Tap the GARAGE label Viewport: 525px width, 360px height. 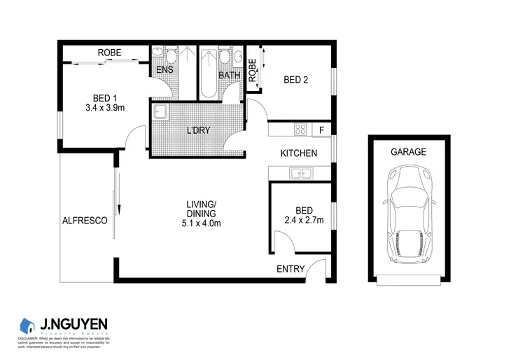click(409, 151)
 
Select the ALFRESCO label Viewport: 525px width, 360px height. click(84, 220)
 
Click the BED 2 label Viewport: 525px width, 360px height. click(296, 80)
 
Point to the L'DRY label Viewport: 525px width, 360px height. click(198, 130)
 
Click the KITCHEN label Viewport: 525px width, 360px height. click(299, 153)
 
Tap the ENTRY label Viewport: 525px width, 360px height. click(290, 269)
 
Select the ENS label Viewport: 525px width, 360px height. click(164, 70)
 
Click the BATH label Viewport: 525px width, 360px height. click(230, 75)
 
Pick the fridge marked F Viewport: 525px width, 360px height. click(321, 130)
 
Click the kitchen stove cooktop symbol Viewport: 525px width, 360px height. click(301, 129)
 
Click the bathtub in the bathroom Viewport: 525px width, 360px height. click(209, 76)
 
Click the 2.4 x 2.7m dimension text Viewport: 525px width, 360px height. click(304, 221)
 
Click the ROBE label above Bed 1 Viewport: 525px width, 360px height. click(110, 53)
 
